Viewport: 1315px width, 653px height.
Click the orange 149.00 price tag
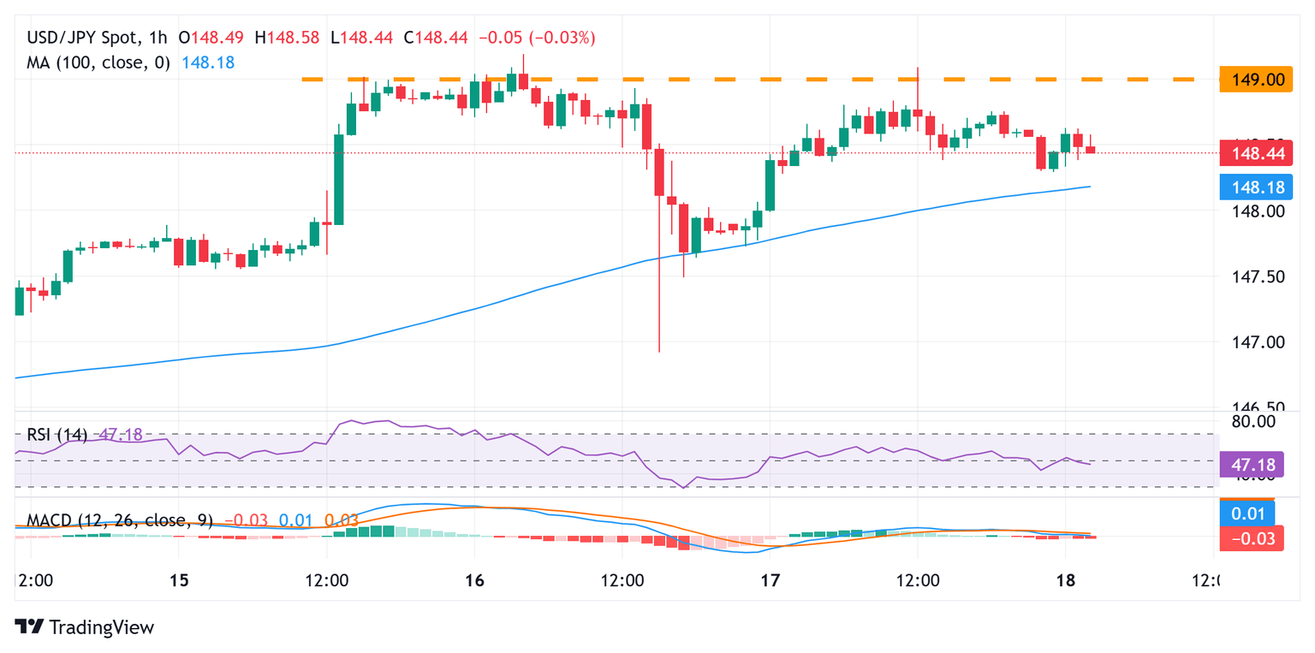pyautogui.click(x=1252, y=80)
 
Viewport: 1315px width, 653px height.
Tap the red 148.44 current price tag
pyautogui.click(x=1252, y=153)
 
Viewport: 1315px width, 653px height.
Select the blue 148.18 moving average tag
pyautogui.click(x=1252, y=186)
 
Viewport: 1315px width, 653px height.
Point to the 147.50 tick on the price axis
pyautogui.click(x=1251, y=276)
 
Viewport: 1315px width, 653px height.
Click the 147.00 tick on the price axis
pyautogui.click(x=1251, y=342)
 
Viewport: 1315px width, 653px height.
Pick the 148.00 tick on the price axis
pyautogui.click(x=1251, y=211)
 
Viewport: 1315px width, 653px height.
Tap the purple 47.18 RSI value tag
pyautogui.click(x=1252, y=464)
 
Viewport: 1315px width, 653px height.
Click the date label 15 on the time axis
pyautogui.click(x=178, y=581)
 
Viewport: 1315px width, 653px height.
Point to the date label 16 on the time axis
pyautogui.click(x=474, y=581)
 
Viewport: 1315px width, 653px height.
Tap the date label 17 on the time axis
pyautogui.click(x=770, y=581)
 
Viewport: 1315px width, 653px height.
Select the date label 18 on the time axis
pyautogui.click(x=1065, y=581)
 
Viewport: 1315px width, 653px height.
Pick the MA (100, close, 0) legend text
pyautogui.click(x=98, y=62)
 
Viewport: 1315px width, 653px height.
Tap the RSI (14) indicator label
pyautogui.click(x=57, y=435)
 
